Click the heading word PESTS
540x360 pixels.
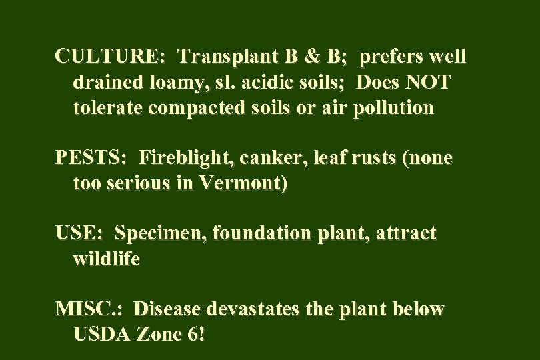91,158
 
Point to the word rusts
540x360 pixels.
373,158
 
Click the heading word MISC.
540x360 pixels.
89,310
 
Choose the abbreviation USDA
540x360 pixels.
101,335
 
